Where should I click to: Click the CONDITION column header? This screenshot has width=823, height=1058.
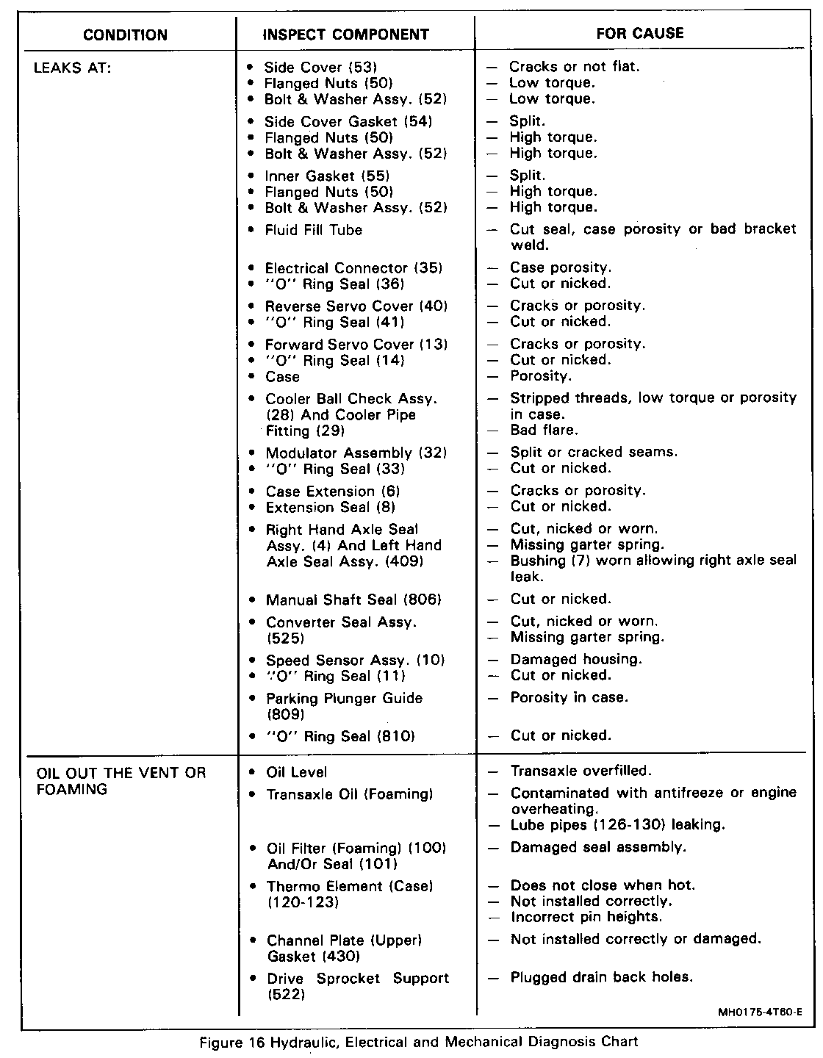[125, 35]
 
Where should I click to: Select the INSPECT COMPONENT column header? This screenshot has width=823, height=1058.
[345, 35]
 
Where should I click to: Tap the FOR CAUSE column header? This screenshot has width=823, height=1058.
[639, 33]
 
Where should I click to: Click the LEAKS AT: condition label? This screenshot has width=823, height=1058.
[73, 68]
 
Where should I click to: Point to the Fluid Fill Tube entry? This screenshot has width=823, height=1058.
[314, 230]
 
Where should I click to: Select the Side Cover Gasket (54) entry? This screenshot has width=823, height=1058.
[348, 121]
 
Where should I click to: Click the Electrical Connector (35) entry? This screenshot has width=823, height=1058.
[353, 268]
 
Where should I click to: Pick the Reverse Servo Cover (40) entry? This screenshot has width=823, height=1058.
[356, 306]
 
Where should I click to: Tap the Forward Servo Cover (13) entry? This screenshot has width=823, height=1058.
[356, 345]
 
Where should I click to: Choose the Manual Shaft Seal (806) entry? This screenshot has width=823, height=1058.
[353, 600]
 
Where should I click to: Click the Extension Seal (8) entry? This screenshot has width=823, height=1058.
[331, 508]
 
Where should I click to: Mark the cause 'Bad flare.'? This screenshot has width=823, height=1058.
[544, 430]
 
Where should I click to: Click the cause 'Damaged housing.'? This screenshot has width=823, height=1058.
[576, 659]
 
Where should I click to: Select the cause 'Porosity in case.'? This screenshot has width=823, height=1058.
[569, 697]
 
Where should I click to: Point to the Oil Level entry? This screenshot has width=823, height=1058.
[297, 772]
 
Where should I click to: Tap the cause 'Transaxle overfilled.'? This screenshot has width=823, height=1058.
[581, 771]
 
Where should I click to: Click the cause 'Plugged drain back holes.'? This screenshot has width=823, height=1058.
[602, 977]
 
